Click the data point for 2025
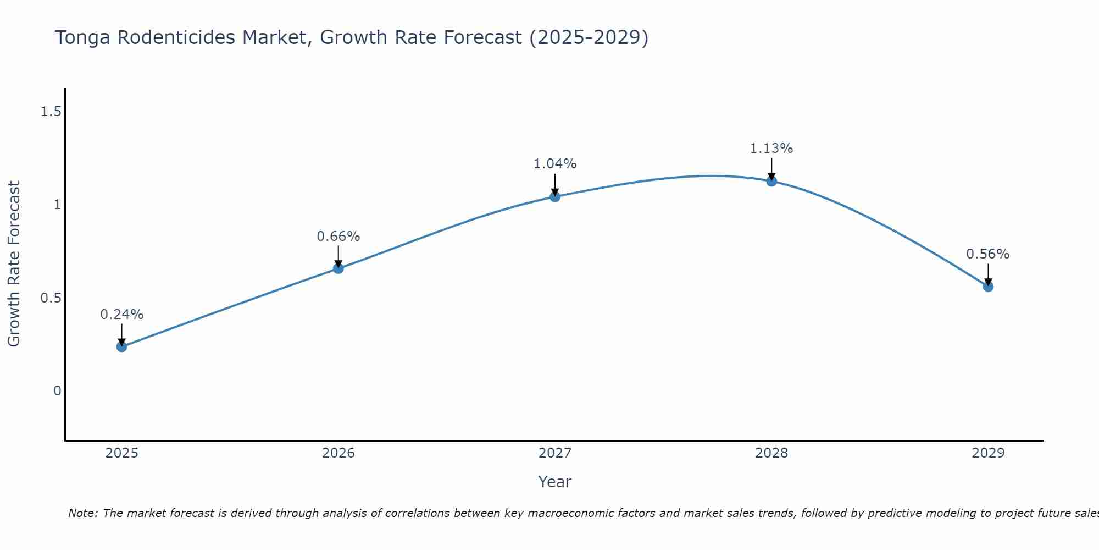click(x=121, y=346)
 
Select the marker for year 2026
click(x=338, y=268)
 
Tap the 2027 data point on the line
click(x=555, y=196)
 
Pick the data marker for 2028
click(x=771, y=181)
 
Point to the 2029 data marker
click(x=988, y=287)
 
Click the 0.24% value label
click(x=121, y=315)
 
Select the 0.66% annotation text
click(x=338, y=237)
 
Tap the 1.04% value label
click(x=555, y=164)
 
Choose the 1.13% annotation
click(x=771, y=148)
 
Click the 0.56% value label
click(x=987, y=254)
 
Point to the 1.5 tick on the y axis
click(x=51, y=112)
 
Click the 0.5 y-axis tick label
click(x=51, y=298)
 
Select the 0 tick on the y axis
click(x=57, y=391)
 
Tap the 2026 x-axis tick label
click(x=338, y=453)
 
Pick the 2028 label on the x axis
click(x=771, y=453)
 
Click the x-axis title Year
click(x=555, y=482)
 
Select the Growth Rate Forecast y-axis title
click(x=14, y=264)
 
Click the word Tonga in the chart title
click(x=83, y=38)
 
